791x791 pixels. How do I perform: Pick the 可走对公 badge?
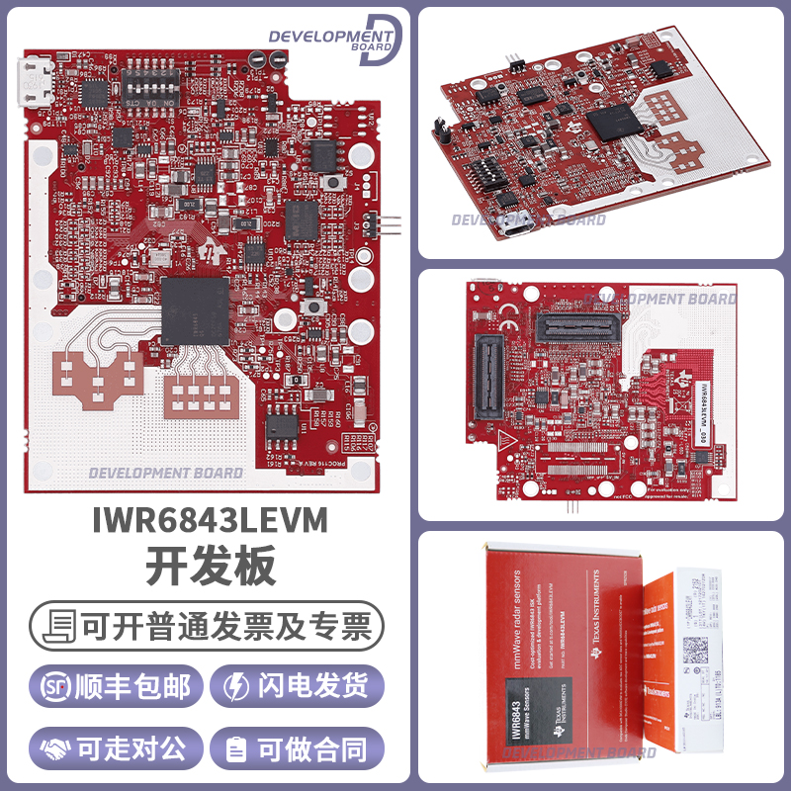(118, 748)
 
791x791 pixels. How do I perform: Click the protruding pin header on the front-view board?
(387, 224)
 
